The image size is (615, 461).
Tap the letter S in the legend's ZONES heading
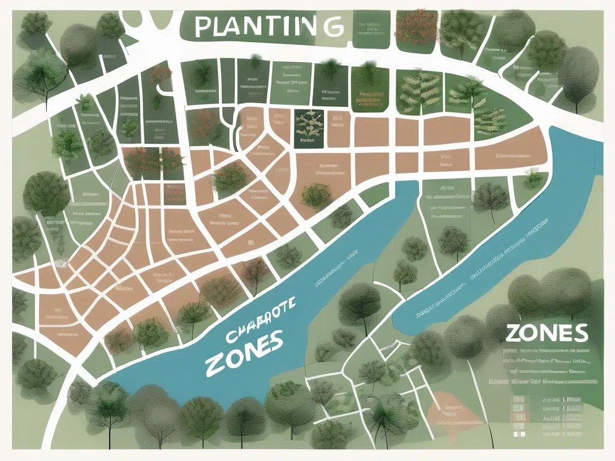tap(580, 331)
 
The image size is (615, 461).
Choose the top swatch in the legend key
tap(517, 398)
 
